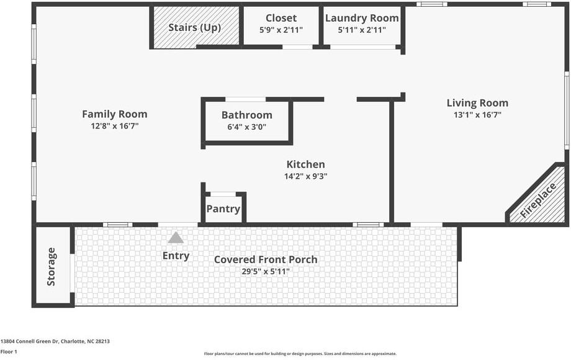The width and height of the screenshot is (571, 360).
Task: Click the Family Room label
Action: click(115, 114)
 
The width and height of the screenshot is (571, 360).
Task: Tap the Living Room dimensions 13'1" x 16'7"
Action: click(477, 115)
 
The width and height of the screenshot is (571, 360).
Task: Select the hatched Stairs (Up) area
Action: click(195, 27)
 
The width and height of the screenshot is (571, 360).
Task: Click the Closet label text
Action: click(281, 18)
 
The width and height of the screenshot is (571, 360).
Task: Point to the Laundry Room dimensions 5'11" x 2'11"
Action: click(362, 30)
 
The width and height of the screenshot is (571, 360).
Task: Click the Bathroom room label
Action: click(247, 115)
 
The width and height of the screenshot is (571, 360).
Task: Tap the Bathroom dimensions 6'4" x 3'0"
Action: click(247, 127)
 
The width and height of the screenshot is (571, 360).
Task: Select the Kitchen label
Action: click(305, 164)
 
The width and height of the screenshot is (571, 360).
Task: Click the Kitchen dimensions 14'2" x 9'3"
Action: click(305, 176)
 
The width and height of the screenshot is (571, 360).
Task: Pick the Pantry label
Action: click(223, 209)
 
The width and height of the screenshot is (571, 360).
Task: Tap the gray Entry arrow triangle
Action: click(176, 237)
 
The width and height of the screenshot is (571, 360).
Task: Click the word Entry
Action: click(176, 256)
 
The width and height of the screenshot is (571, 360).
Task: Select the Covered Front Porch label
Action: click(266, 259)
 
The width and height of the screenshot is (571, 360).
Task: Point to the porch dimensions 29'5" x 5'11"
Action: click(266, 271)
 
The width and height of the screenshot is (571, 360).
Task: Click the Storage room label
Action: click(52, 266)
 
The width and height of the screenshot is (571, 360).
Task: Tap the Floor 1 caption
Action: click(9, 351)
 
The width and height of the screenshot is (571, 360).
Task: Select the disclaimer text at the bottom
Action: click(300, 354)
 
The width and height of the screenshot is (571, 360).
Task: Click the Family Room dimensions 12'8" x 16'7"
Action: click(115, 126)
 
